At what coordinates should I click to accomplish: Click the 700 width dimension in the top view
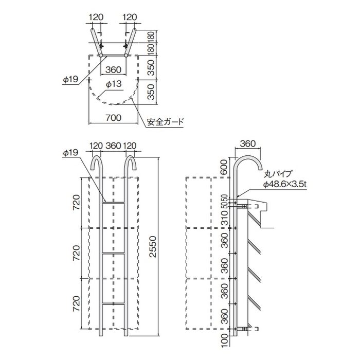coord(114,118)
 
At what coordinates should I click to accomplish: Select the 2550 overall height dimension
coord(153,246)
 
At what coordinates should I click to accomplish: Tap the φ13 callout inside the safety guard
coord(114,84)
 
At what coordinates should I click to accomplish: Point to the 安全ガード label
coord(165,121)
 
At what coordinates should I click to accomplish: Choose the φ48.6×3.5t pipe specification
coord(285,184)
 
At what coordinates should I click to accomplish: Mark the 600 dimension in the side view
coord(225,167)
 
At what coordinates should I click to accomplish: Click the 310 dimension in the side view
coord(225,218)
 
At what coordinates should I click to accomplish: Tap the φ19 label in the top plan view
coord(71,79)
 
